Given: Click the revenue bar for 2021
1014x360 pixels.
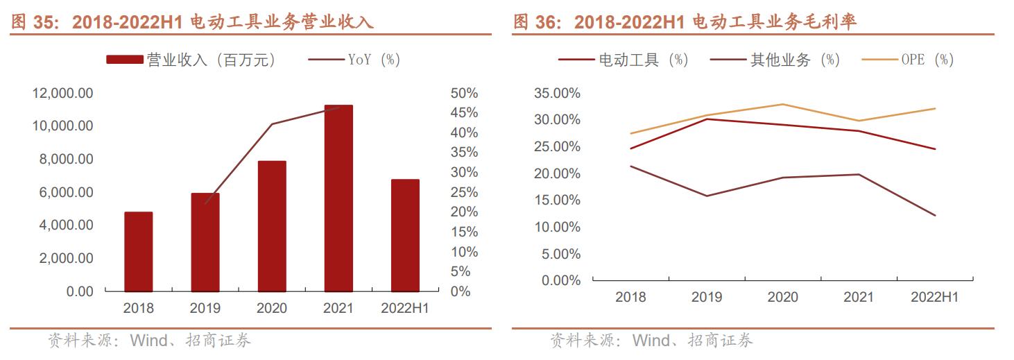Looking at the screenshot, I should tap(338, 198).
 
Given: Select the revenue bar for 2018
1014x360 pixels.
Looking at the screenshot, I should tap(138, 252).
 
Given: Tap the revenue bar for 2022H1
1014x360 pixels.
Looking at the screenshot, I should tap(405, 235).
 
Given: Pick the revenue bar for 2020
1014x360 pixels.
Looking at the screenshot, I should tap(272, 226).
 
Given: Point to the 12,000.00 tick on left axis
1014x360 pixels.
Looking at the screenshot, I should tap(62, 93).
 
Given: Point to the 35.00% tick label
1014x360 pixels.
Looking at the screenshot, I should tap(557, 93).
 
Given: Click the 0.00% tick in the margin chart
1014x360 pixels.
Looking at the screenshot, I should tap(560, 280).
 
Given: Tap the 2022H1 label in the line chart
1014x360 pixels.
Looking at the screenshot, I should tap(934, 298).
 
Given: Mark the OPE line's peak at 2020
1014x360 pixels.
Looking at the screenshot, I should tap(783, 104).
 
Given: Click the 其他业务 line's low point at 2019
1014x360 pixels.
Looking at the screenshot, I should tap(707, 196).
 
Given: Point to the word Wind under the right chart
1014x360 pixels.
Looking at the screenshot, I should tap(652, 341).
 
